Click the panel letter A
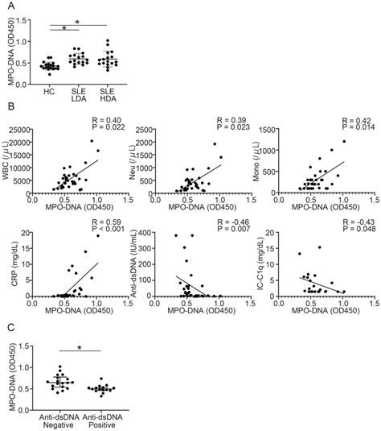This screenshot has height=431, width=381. pos(11,6)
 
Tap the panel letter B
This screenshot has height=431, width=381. pos(11,106)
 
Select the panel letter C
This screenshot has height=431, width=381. pos(11,328)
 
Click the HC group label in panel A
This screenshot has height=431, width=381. pos(49,92)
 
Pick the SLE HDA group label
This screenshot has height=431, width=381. pos(108,95)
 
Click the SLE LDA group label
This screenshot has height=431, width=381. pos(79,95)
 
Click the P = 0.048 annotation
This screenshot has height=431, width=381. pos(359,229)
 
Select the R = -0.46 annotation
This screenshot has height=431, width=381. pos(233,222)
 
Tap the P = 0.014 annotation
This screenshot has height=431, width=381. pos(358,127)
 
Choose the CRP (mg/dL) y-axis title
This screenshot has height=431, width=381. pos(14,264)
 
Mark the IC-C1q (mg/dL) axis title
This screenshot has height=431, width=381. pos(260,263)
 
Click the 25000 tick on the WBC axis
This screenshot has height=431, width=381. pos(19,130)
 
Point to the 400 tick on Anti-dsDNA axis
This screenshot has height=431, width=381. pos(146,233)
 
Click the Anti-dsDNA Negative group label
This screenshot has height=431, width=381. pos(59,421)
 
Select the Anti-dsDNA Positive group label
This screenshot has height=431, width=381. pos(102,421)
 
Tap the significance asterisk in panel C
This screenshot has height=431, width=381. pos(80,348)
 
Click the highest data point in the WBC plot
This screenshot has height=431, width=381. pos(92,141)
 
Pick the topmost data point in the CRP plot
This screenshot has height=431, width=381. pos(98,235)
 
